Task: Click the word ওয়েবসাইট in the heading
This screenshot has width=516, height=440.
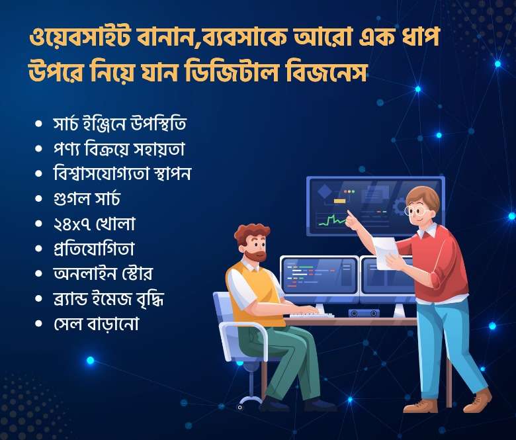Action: pyautogui.click(x=79, y=38)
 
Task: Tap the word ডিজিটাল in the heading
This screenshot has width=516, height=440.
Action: pyautogui.click(x=234, y=72)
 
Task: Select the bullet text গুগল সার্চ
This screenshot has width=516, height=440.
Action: pyautogui.click(x=87, y=198)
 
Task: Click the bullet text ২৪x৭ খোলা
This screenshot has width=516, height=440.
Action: pyautogui.click(x=94, y=224)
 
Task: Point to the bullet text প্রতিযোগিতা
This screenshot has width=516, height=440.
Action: pyautogui.click(x=94, y=249)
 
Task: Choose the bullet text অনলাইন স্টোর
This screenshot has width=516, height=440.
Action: pyautogui.click(x=103, y=273)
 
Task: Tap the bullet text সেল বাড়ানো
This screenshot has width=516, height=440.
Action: pyautogui.click(x=96, y=323)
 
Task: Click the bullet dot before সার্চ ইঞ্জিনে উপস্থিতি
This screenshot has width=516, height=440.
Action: pyautogui.click(x=38, y=124)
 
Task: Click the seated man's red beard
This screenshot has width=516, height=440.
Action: pyautogui.click(x=256, y=255)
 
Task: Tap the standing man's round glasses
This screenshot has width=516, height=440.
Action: pyautogui.click(x=415, y=210)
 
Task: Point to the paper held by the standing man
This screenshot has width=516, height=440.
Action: pyautogui.click(x=385, y=253)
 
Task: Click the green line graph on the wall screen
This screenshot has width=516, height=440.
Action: pyautogui.click(x=332, y=220)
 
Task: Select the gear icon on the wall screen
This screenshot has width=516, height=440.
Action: pyautogui.click(x=399, y=207)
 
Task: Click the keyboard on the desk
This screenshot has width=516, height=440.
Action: pyautogui.click(x=312, y=315)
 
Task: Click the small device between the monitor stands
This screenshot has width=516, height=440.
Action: pyautogui.click(x=364, y=313)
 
